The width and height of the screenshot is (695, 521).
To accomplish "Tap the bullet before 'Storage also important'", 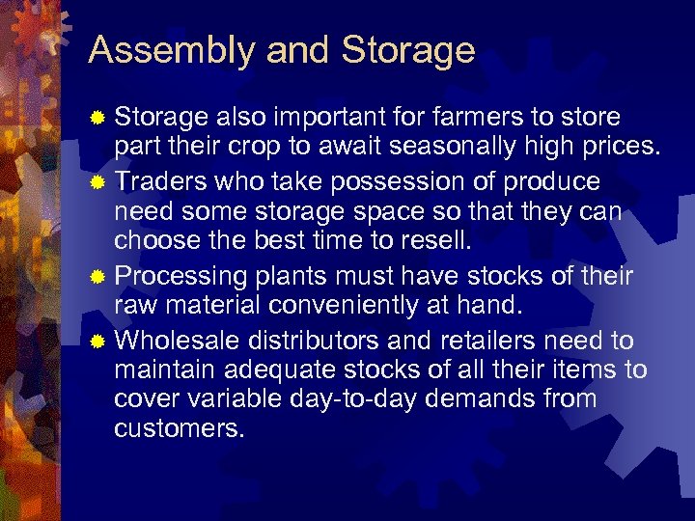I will tap(97, 119).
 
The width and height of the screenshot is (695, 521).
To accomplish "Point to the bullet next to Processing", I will tap(97, 278).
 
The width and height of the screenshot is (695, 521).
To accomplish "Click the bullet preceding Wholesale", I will tap(97, 342).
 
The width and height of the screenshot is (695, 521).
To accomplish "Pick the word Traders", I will tap(160, 182).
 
